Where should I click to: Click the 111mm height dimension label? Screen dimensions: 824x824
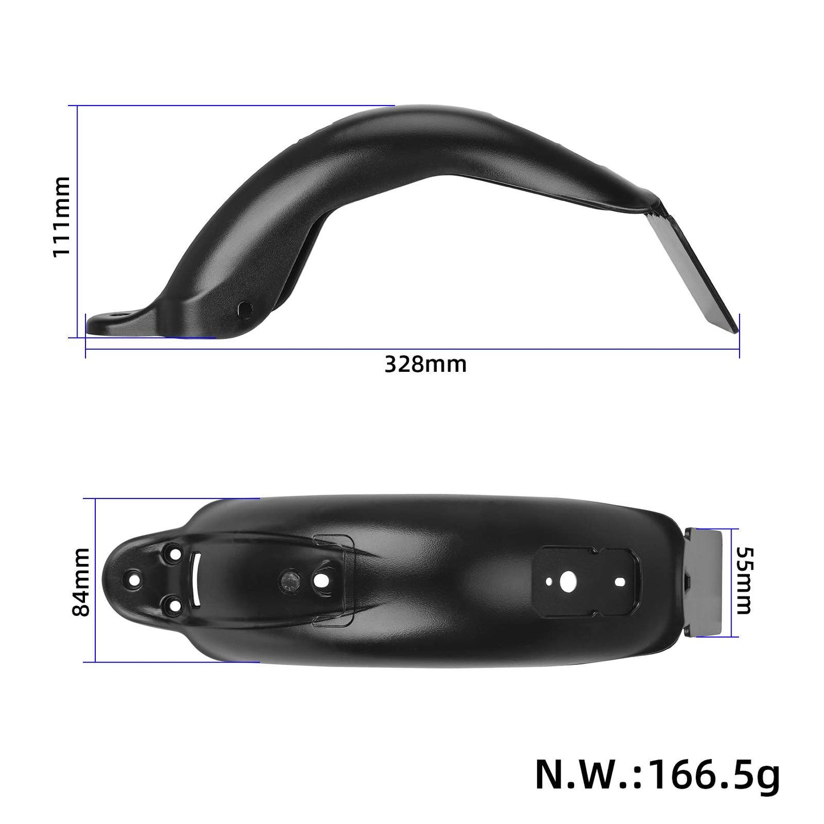point(61,217)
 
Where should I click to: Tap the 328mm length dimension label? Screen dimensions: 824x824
point(425,364)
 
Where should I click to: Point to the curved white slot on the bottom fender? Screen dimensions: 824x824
point(195,582)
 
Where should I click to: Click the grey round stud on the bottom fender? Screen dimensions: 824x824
point(288,581)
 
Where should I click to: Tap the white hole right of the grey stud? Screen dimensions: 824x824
point(320,581)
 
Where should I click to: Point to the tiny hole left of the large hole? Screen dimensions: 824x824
point(548,582)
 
